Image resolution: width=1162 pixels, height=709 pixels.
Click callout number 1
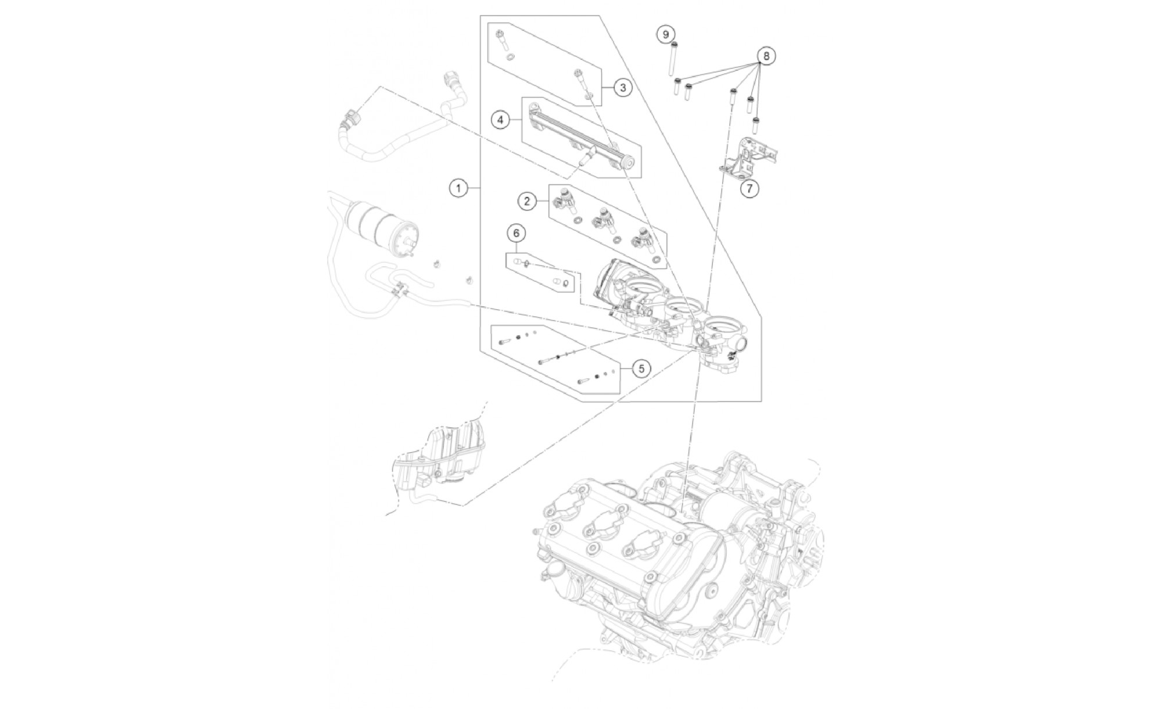pyautogui.click(x=458, y=188)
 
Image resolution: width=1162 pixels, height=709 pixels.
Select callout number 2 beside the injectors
pyautogui.click(x=527, y=201)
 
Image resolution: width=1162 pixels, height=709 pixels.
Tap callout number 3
pyautogui.click(x=623, y=88)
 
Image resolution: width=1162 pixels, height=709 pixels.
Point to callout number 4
pyautogui.click(x=500, y=120)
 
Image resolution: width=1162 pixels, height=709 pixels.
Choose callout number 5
pyautogui.click(x=641, y=368)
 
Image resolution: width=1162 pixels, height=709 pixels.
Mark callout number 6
pyautogui.click(x=516, y=233)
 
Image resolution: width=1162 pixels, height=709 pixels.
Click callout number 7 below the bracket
pyautogui.click(x=749, y=188)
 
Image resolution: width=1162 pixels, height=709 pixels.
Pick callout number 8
pyautogui.click(x=766, y=56)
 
